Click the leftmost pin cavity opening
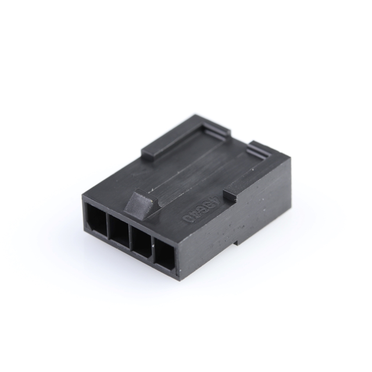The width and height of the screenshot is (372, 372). coord(95,220)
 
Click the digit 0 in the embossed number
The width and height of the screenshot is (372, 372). coord(189,219)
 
